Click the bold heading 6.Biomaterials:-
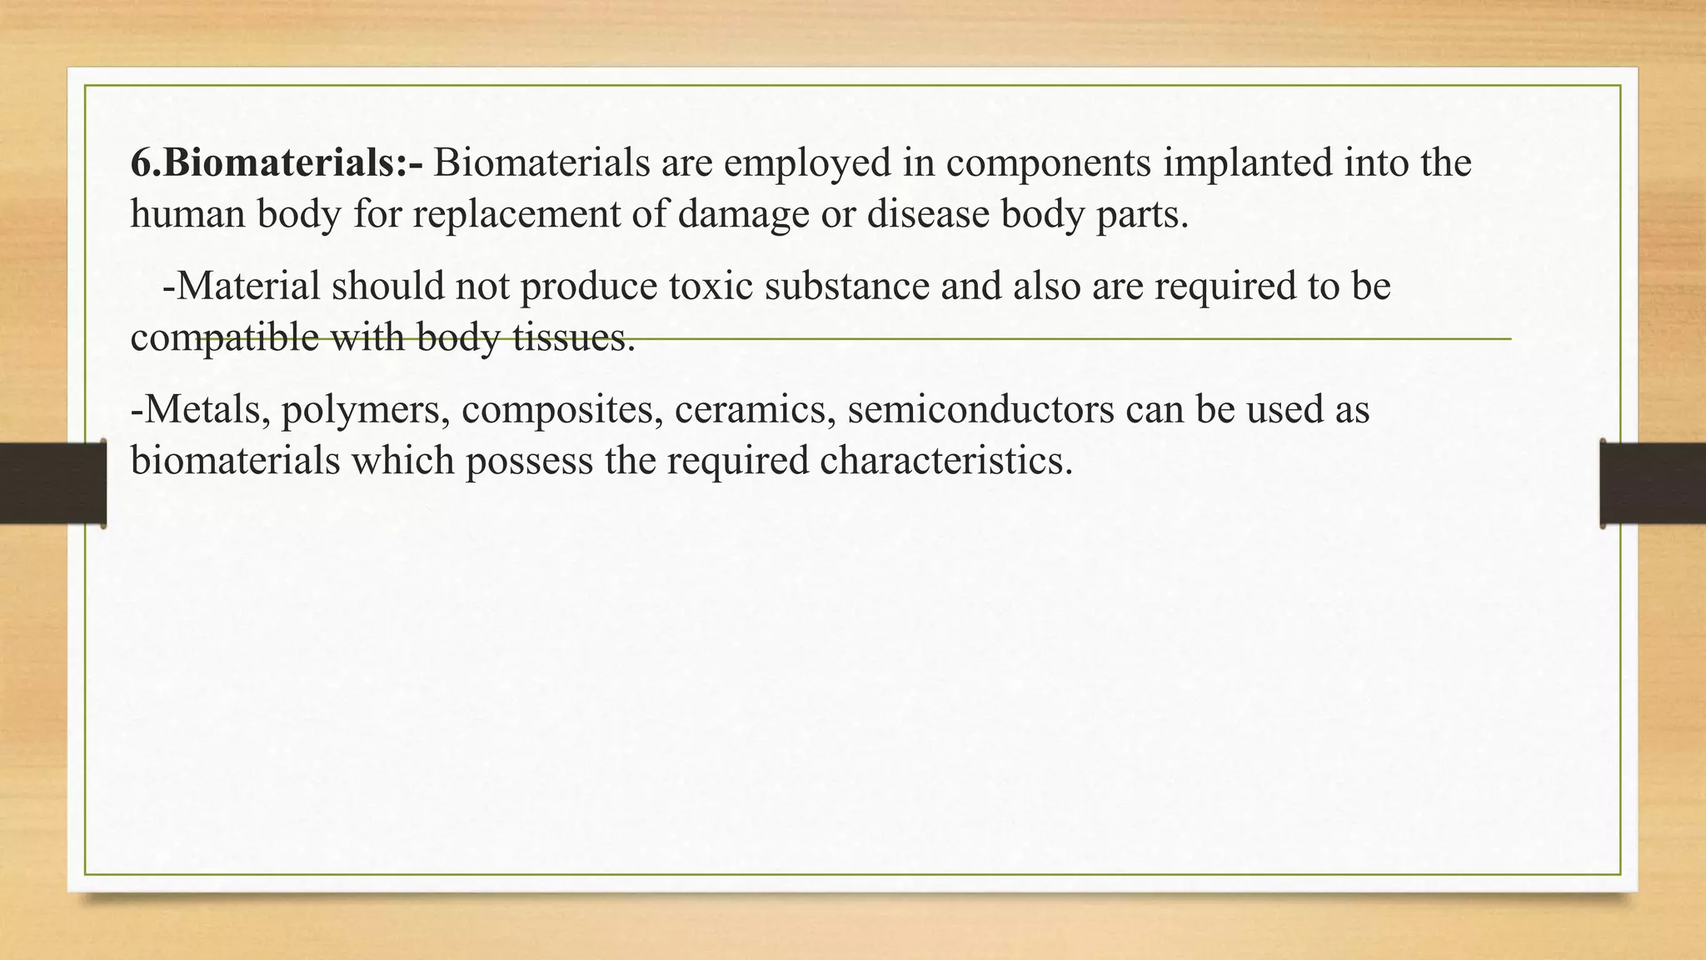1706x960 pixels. pos(277,162)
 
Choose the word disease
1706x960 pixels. pos(927,214)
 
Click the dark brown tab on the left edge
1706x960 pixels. pos(52,483)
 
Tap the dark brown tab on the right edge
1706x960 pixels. pos(1653,483)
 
